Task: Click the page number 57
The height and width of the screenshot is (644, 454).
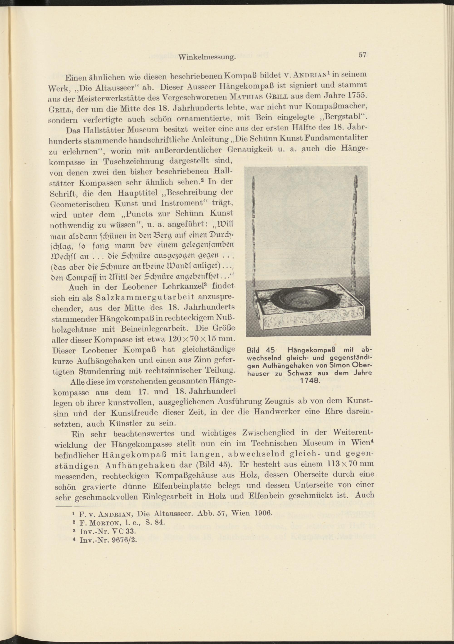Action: click(x=362, y=55)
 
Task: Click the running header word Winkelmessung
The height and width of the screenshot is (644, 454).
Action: click(x=207, y=58)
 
